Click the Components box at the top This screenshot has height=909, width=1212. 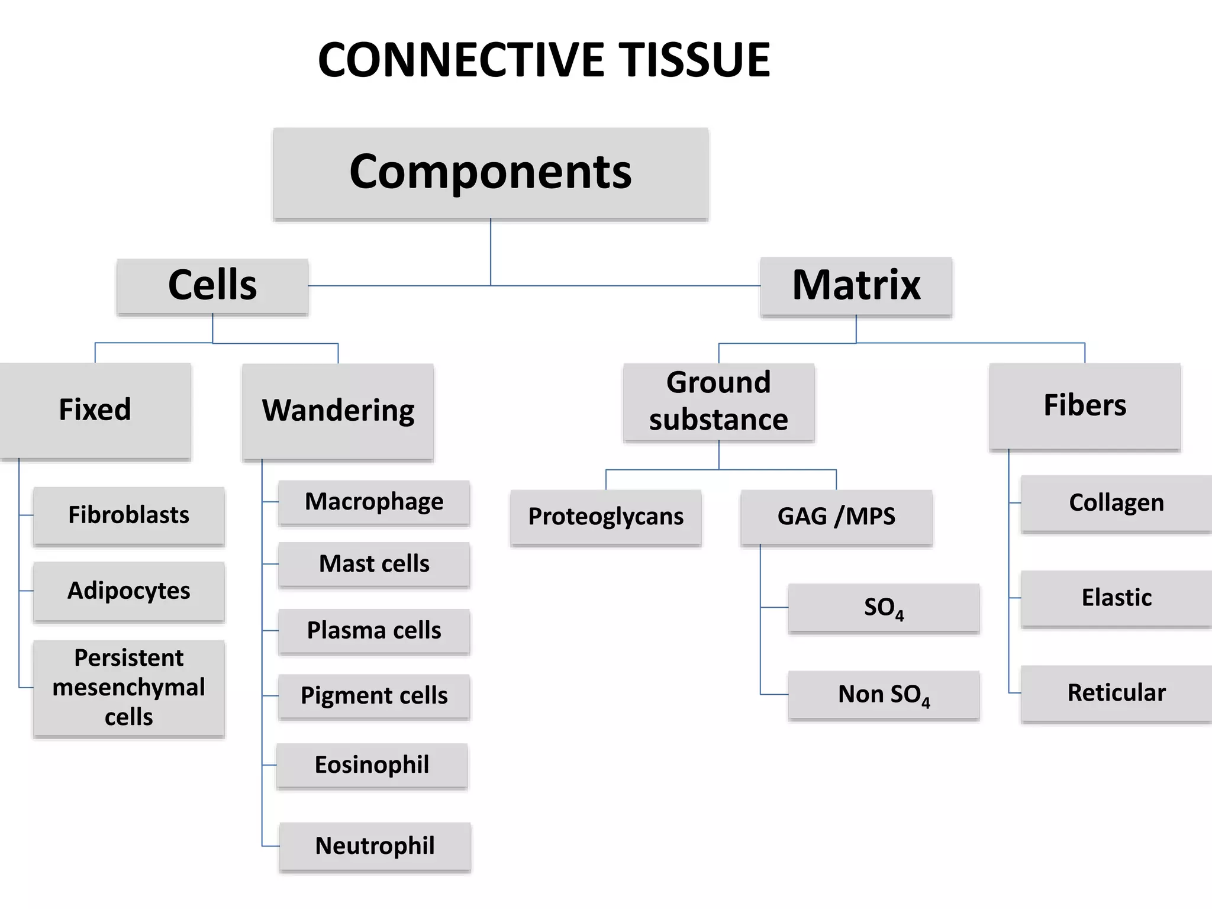click(x=490, y=173)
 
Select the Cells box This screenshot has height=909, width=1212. click(x=212, y=286)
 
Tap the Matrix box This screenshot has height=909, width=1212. click(x=856, y=286)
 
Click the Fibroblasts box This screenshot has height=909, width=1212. click(x=129, y=515)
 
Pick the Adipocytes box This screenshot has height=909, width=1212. click(x=129, y=591)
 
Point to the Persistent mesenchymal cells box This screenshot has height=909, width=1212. click(x=129, y=688)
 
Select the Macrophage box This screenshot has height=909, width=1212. click(x=374, y=502)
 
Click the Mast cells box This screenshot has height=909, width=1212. click(x=374, y=564)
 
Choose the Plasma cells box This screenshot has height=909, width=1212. click(x=374, y=631)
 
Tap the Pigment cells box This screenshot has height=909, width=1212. click(x=374, y=696)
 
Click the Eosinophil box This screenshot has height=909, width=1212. click(x=372, y=765)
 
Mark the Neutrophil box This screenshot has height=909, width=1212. click(x=375, y=846)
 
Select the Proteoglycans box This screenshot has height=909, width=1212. click(x=605, y=517)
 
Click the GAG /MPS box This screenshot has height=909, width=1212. click(x=836, y=517)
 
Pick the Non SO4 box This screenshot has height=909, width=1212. click(x=884, y=695)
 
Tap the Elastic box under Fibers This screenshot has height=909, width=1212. click(x=1116, y=598)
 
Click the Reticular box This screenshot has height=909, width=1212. click(x=1116, y=693)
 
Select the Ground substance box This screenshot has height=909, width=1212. click(x=718, y=402)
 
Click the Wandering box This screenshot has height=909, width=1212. click(x=338, y=411)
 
